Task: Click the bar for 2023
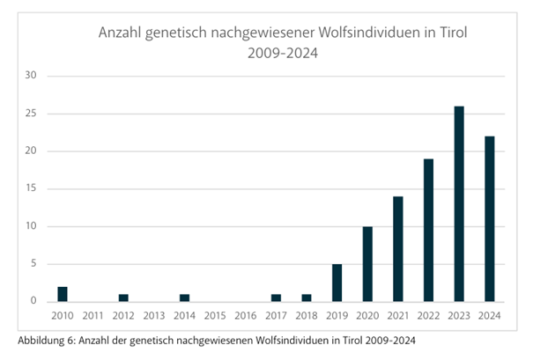[x=458, y=204]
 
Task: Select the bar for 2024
[x=489, y=219]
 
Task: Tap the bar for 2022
[x=428, y=231]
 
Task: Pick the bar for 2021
[x=397, y=249]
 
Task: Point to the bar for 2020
[x=367, y=264]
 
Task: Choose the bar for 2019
[x=337, y=283]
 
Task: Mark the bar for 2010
[x=63, y=294]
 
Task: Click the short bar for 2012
[x=123, y=298]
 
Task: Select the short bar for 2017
[x=276, y=298]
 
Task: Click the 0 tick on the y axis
[x=33, y=302]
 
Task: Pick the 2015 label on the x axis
[x=215, y=316]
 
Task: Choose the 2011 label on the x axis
[x=93, y=316]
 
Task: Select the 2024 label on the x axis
[x=489, y=316]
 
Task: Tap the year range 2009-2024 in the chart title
[x=281, y=53]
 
